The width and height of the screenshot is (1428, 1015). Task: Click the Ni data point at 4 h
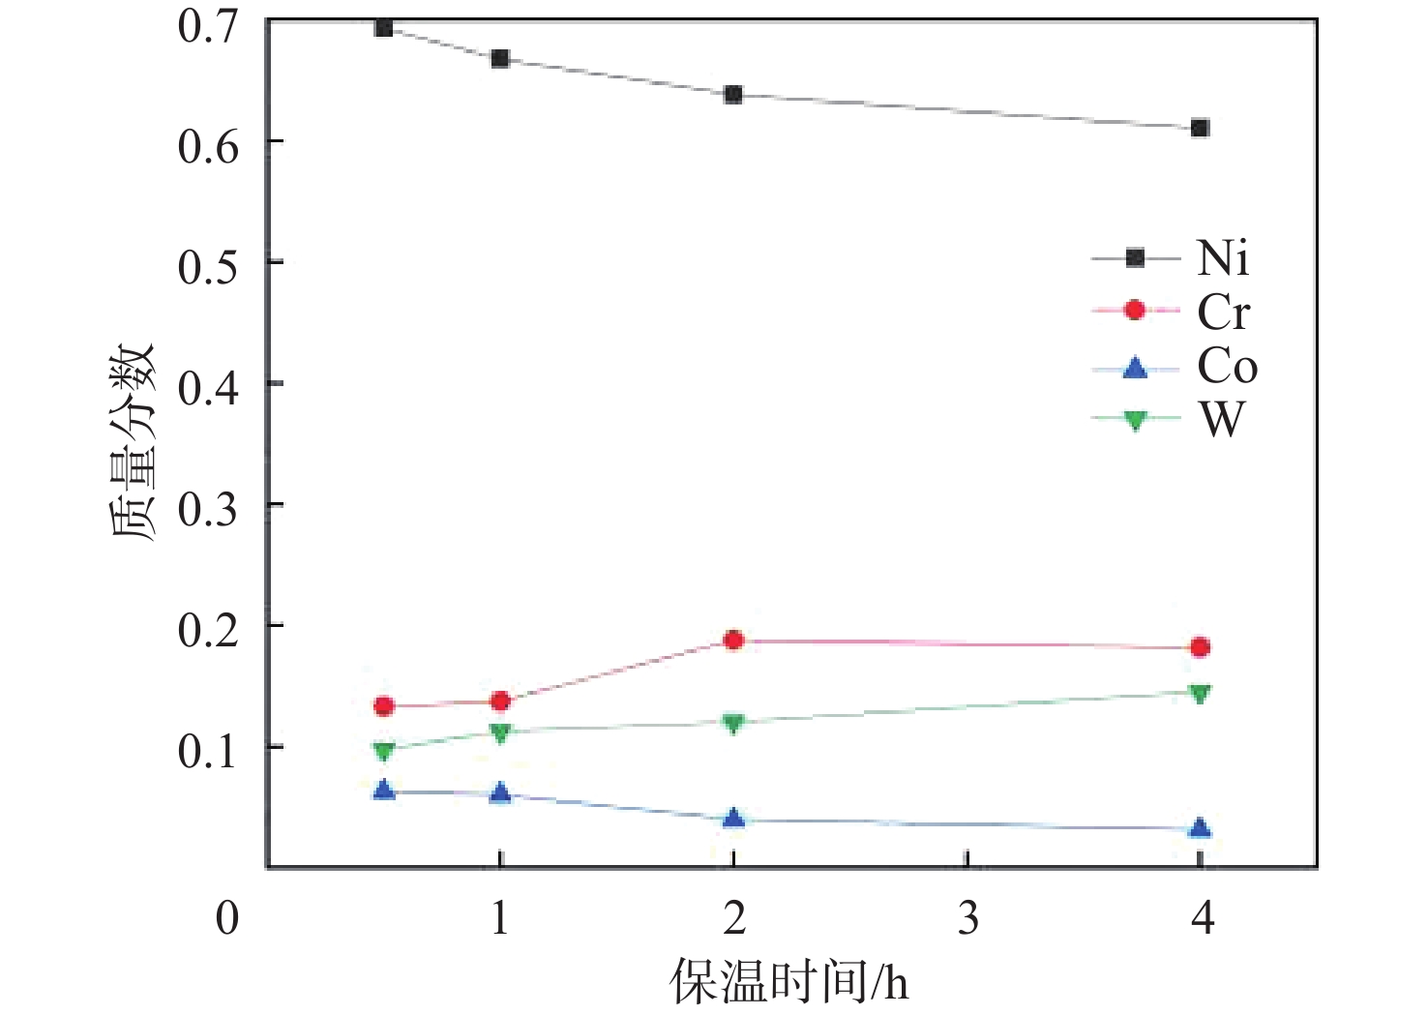click(1200, 128)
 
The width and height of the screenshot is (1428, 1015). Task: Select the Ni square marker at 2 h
click(733, 95)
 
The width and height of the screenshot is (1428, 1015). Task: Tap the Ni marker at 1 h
click(500, 58)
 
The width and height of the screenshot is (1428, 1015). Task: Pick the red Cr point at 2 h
click(733, 640)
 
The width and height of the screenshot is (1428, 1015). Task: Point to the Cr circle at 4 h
click(1200, 647)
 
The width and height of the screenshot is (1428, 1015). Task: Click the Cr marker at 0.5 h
click(384, 706)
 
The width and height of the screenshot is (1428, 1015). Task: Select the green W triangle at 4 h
click(1200, 693)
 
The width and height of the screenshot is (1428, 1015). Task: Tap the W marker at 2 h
click(733, 723)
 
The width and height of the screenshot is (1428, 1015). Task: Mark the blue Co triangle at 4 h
click(1200, 827)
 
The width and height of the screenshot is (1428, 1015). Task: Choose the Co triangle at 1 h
click(500, 793)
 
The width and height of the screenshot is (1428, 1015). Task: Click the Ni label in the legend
click(1223, 258)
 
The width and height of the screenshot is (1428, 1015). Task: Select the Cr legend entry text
click(1223, 312)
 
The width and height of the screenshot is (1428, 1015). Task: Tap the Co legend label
click(1227, 367)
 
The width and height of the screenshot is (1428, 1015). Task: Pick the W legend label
click(1221, 420)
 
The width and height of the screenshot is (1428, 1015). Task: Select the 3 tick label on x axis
click(967, 917)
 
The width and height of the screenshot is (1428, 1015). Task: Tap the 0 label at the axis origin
click(227, 917)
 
